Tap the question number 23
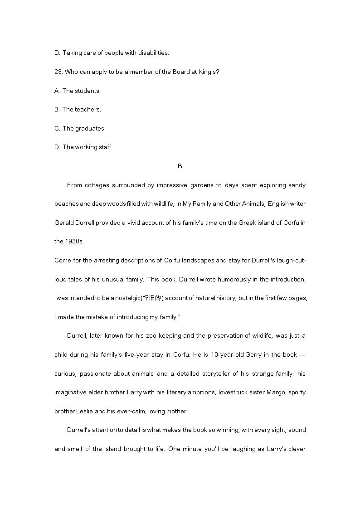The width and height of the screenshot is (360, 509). (58, 72)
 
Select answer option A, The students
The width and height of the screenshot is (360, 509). (78, 91)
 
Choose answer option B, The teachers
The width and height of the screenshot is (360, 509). (78, 109)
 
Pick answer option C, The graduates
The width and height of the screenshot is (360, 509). (80, 128)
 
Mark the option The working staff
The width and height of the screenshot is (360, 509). (83, 147)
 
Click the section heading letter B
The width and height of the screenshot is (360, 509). (180, 166)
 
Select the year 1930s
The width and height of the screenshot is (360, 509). (74, 242)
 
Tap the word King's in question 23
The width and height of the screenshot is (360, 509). (209, 72)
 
